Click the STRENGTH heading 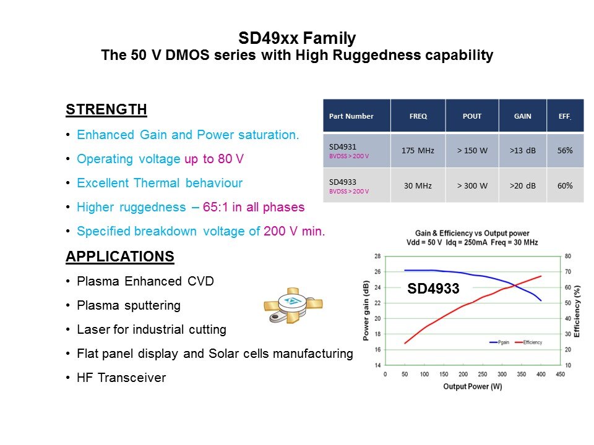click(x=106, y=110)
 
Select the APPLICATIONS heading click(x=119, y=256)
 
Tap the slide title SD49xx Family click(x=297, y=38)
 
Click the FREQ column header click(x=418, y=116)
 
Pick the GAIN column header click(x=523, y=116)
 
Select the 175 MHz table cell click(x=418, y=150)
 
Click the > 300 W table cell click(x=472, y=185)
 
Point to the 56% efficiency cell click(x=564, y=150)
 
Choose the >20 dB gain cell click(x=523, y=185)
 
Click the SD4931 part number click(x=342, y=146)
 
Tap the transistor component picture click(x=292, y=304)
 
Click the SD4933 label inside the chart click(x=433, y=287)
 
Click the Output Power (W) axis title click(x=471, y=387)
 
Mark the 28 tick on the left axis click(x=377, y=256)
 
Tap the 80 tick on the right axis click(x=567, y=256)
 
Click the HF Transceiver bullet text click(x=121, y=378)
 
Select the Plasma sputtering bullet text click(x=129, y=305)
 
